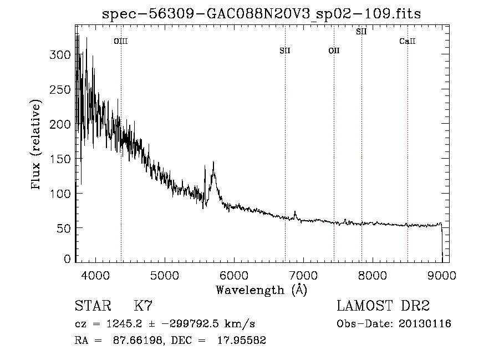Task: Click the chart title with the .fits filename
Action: pos(261,14)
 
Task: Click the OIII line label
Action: pos(121,41)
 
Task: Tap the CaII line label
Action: pos(408,41)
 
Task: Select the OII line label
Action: pos(334,50)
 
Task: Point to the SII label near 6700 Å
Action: pos(285,50)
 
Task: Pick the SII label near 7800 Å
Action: pos(361,32)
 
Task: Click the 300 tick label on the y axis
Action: pos(60,55)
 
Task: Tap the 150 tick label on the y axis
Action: pos(60,159)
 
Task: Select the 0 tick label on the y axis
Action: pos(67,259)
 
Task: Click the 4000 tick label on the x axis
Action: pos(95,275)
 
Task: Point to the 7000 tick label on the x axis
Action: pos(303,275)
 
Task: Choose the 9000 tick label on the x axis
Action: pos(442,275)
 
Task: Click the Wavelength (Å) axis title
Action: pos(262,290)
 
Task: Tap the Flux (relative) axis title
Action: pos(35,145)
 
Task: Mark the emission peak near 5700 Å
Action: pos(213,162)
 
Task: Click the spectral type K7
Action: pos(143,306)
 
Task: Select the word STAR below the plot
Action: pos(93,306)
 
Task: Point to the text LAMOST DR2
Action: pos(383,306)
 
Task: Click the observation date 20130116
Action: pos(425,324)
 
